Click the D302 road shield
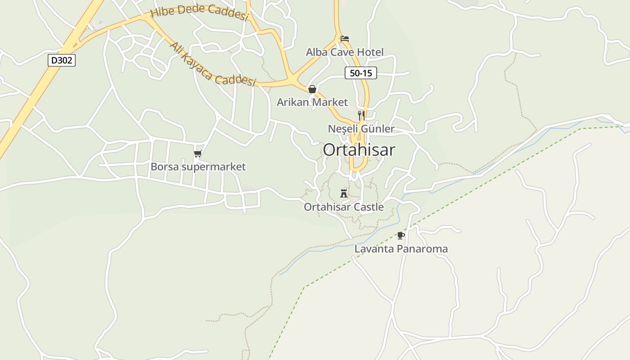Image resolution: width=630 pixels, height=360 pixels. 61,60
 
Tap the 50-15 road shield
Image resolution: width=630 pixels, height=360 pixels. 360,73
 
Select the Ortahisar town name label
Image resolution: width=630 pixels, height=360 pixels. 359,150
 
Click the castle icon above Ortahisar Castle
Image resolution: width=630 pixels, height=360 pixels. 344,193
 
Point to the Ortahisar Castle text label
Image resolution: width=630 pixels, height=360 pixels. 344,207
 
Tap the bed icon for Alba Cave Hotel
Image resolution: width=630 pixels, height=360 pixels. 345,39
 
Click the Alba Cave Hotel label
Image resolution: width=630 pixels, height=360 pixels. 345,52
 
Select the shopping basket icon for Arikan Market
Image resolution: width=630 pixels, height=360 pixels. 312,89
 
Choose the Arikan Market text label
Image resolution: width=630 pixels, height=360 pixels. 312,102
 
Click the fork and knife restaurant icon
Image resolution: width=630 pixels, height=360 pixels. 361,116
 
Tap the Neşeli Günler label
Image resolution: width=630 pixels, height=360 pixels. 361,129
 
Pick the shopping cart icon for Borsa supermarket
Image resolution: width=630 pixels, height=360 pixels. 198,154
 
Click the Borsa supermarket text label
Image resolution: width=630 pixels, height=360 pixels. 198,167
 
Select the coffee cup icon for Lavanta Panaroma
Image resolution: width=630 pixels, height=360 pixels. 401,235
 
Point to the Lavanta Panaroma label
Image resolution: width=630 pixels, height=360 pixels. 401,249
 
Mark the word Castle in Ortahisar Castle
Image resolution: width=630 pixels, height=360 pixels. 368,207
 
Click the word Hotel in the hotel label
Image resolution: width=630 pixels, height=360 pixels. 369,52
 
